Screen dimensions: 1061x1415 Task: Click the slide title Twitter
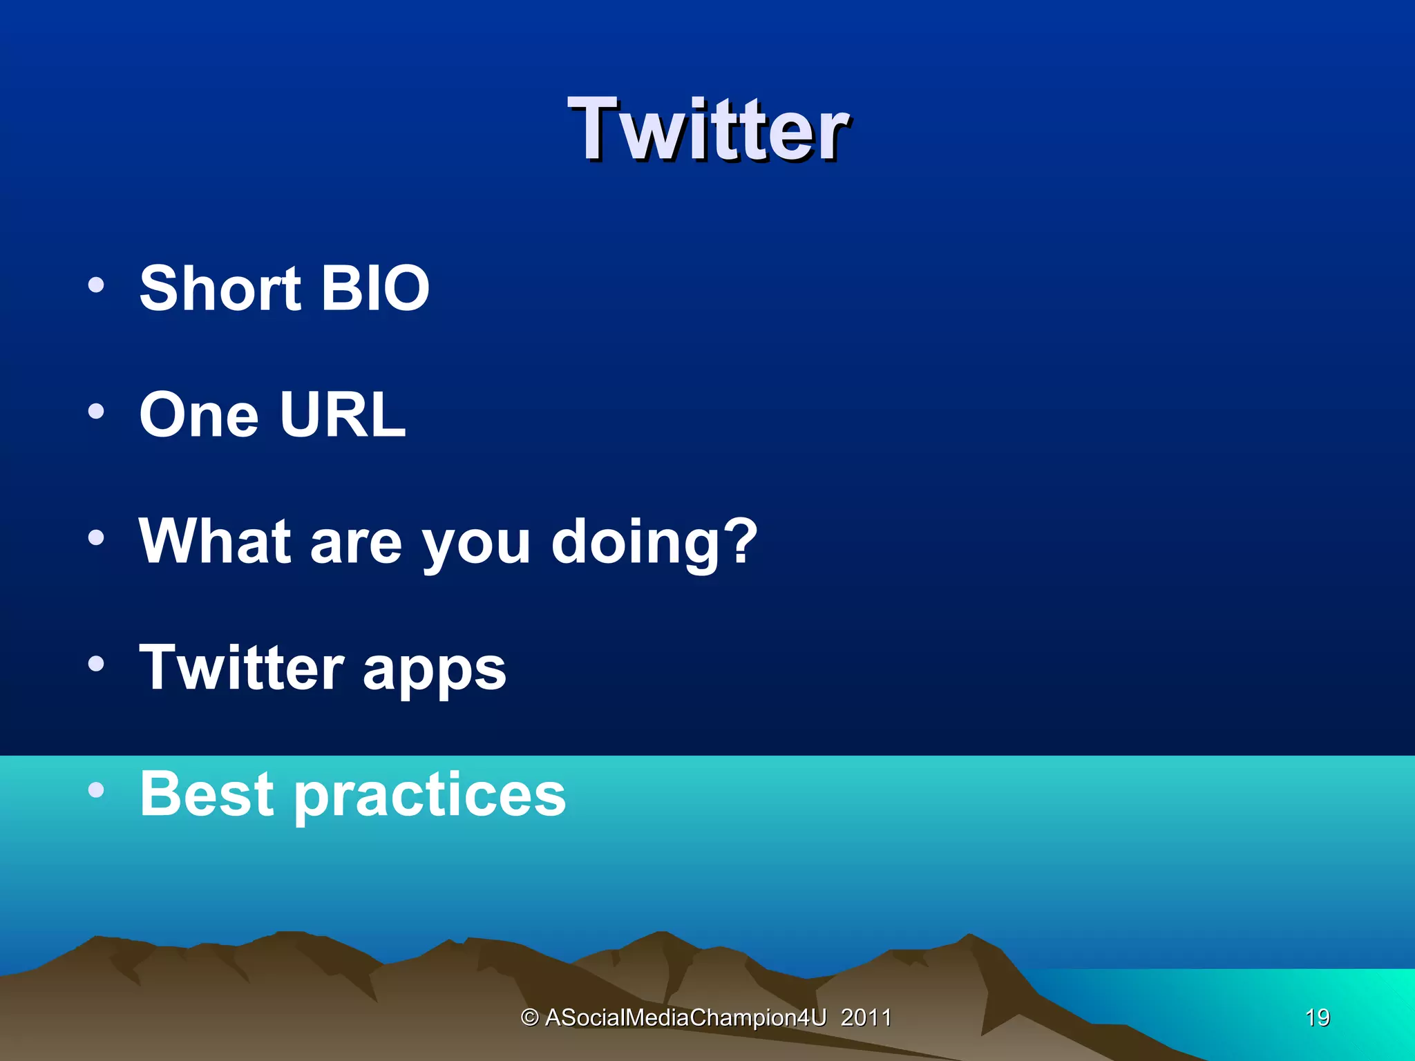point(708,130)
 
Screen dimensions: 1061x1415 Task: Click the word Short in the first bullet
point(220,288)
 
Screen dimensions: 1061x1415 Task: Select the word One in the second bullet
point(199,415)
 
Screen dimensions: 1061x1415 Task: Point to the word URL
point(343,415)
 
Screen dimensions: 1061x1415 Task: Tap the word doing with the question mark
point(654,542)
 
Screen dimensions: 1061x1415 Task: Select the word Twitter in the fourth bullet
point(241,667)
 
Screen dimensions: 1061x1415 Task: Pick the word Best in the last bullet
point(207,794)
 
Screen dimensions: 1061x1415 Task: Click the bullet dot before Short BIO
point(97,285)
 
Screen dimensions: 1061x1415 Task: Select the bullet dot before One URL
point(97,412)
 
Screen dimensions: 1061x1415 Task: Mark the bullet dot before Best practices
point(97,790)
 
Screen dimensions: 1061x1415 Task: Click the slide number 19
point(1317,1017)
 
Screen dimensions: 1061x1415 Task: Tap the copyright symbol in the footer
point(530,1017)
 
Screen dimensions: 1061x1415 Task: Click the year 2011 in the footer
point(866,1017)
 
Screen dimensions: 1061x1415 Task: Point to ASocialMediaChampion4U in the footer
point(685,1017)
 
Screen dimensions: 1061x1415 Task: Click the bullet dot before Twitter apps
point(97,664)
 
